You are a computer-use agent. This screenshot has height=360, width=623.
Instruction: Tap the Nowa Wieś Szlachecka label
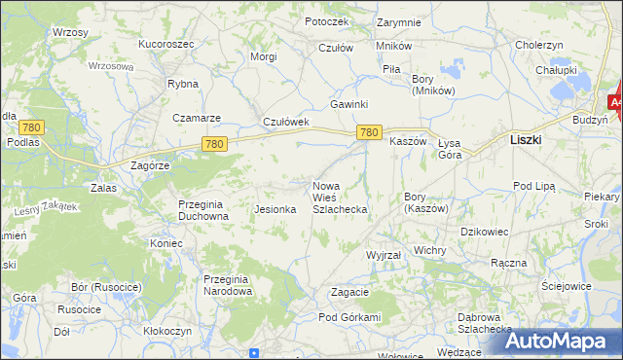click(339, 197)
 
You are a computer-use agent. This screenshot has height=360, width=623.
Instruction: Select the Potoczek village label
click(325, 20)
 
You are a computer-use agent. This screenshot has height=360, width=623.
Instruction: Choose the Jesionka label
click(274, 209)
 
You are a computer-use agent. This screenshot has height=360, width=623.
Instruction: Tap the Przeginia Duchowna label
click(202, 210)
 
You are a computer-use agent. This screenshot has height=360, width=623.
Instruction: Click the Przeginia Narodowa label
click(228, 285)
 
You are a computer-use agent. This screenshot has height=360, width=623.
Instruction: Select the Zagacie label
click(349, 292)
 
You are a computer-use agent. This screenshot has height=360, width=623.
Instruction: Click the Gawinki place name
click(348, 104)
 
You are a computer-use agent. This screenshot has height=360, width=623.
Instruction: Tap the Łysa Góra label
click(450, 148)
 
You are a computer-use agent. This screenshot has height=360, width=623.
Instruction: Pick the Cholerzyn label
click(539, 45)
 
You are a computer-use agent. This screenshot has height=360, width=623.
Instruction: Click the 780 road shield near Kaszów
click(368, 132)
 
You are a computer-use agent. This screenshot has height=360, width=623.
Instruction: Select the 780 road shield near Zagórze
click(215, 144)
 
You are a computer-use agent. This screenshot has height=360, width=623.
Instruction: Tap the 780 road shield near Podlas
click(31, 127)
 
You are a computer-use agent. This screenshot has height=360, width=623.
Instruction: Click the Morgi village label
click(264, 56)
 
